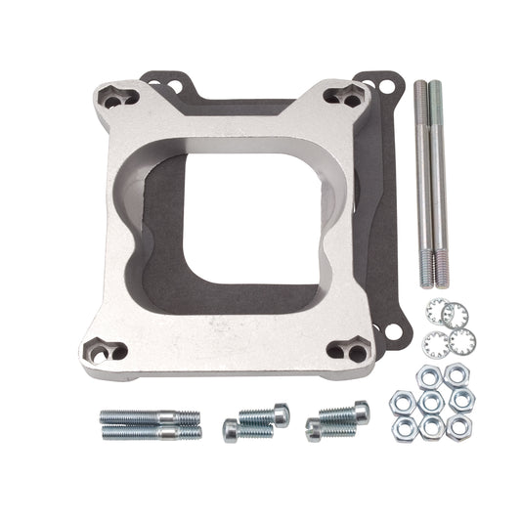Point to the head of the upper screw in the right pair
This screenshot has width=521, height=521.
pyautogui.click(x=359, y=410)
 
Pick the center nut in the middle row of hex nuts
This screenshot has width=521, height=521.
pyautogui.click(x=430, y=401)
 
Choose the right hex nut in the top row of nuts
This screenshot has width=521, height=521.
pyautogui.click(x=456, y=375)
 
